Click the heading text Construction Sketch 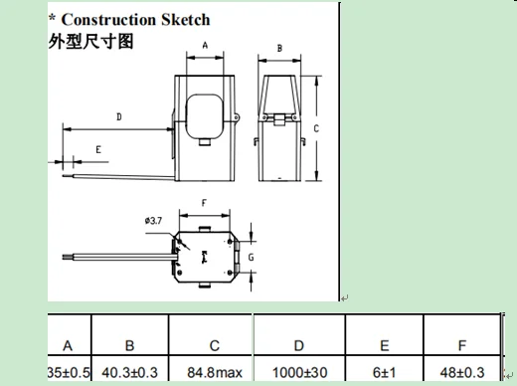pyautogui.click(x=135, y=20)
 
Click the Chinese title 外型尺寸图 pyautogui.click(x=90, y=42)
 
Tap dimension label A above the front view pyautogui.click(x=205, y=45)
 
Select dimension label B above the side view pyautogui.click(x=279, y=49)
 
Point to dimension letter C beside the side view pyautogui.click(x=316, y=128)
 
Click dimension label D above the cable pyautogui.click(x=119, y=116)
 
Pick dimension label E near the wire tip pyautogui.click(x=98, y=150)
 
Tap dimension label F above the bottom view pyautogui.click(x=204, y=203)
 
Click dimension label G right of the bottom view pyautogui.click(x=251, y=257)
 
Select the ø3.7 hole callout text pyautogui.click(x=153, y=221)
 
